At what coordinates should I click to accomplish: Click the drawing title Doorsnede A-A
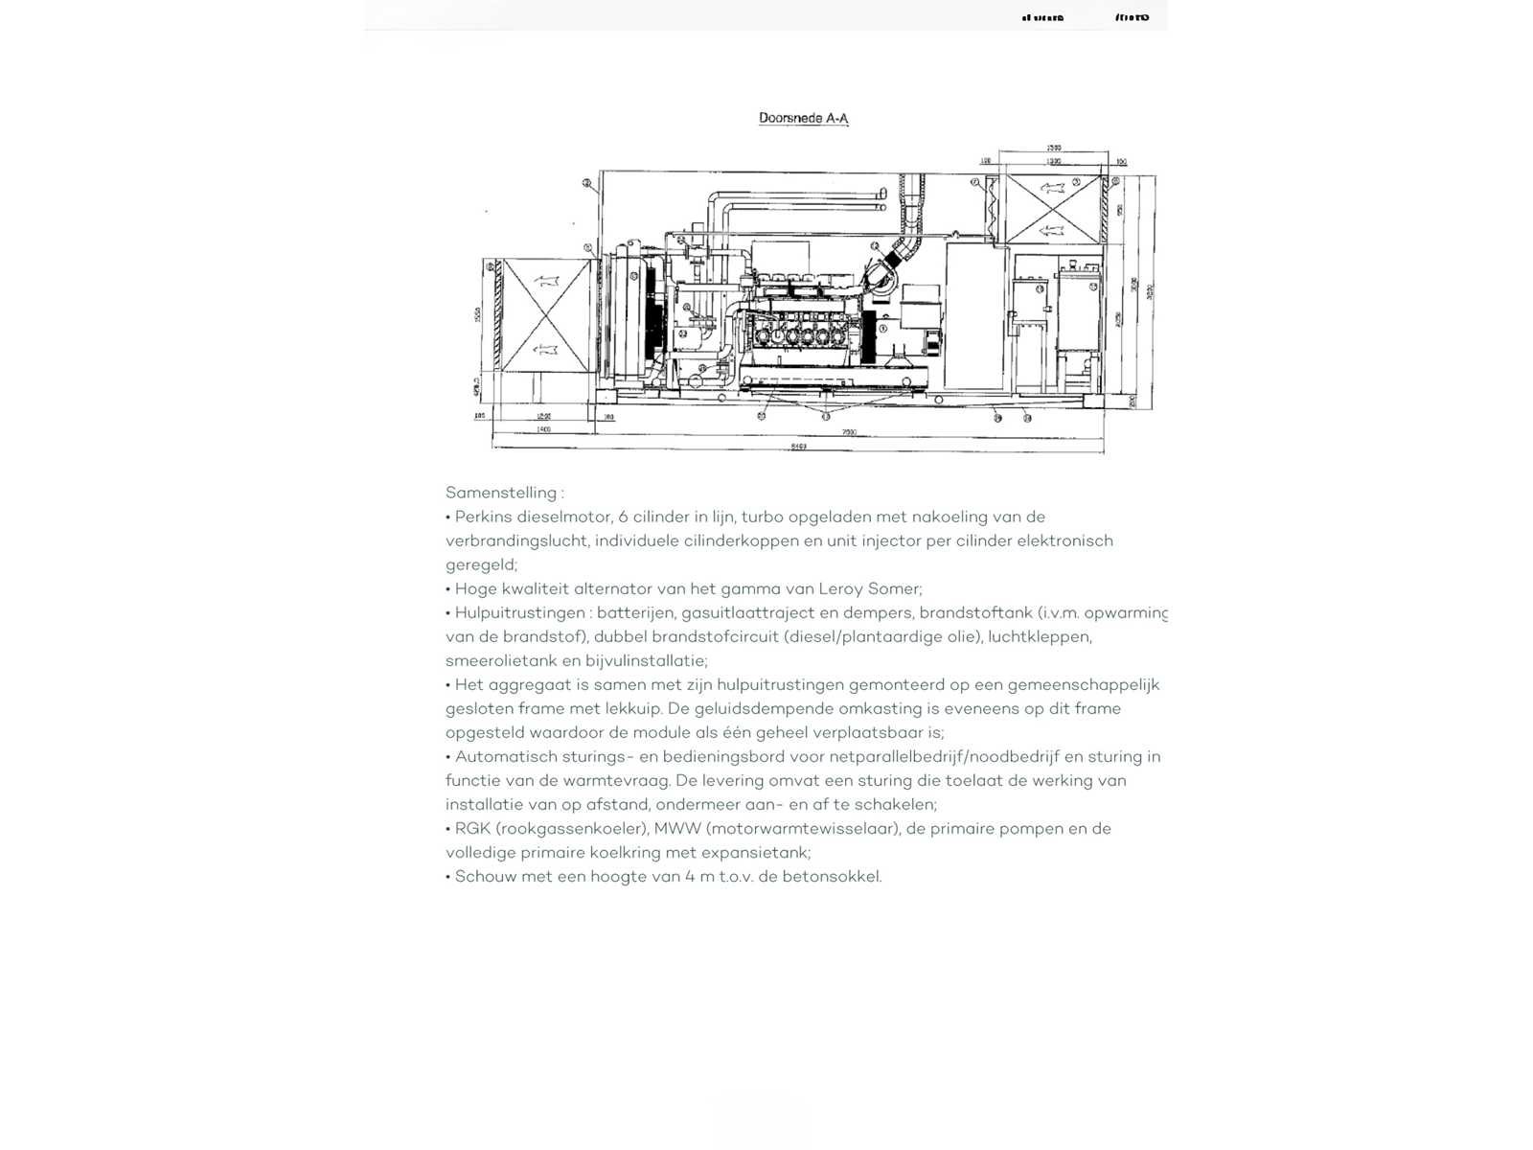point(803,119)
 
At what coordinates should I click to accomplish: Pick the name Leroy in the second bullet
point(838,588)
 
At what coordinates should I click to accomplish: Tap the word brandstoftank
point(975,612)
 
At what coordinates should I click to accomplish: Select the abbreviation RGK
point(472,828)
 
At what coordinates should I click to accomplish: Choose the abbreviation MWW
point(676,828)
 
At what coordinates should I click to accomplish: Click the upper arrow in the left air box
point(544,280)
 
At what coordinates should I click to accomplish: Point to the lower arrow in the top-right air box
point(1052,229)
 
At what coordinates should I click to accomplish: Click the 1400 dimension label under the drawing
point(543,430)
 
